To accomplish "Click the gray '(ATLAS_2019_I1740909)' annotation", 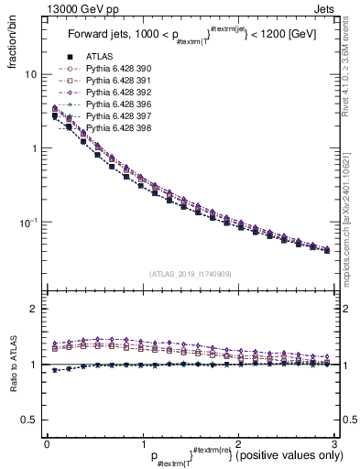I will tap(191, 274).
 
